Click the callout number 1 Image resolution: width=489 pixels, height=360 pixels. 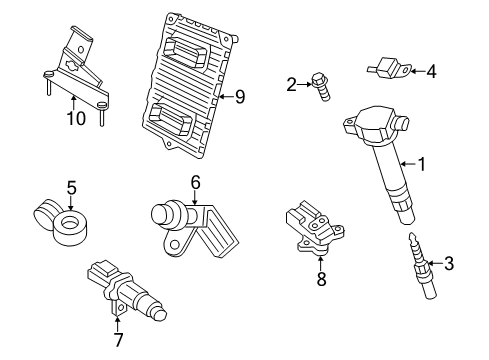click(421, 164)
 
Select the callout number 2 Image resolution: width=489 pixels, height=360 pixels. click(291, 85)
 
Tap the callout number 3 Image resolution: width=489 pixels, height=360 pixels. click(449, 264)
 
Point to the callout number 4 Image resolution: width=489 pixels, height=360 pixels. click(431, 71)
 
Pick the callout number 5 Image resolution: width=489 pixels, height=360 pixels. click(71, 186)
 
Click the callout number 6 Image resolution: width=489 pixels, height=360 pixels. click(196, 181)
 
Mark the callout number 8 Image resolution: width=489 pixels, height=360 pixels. click(321, 280)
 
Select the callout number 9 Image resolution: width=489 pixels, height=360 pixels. click(238, 97)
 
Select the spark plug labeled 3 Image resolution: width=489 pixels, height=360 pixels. click(418, 271)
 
